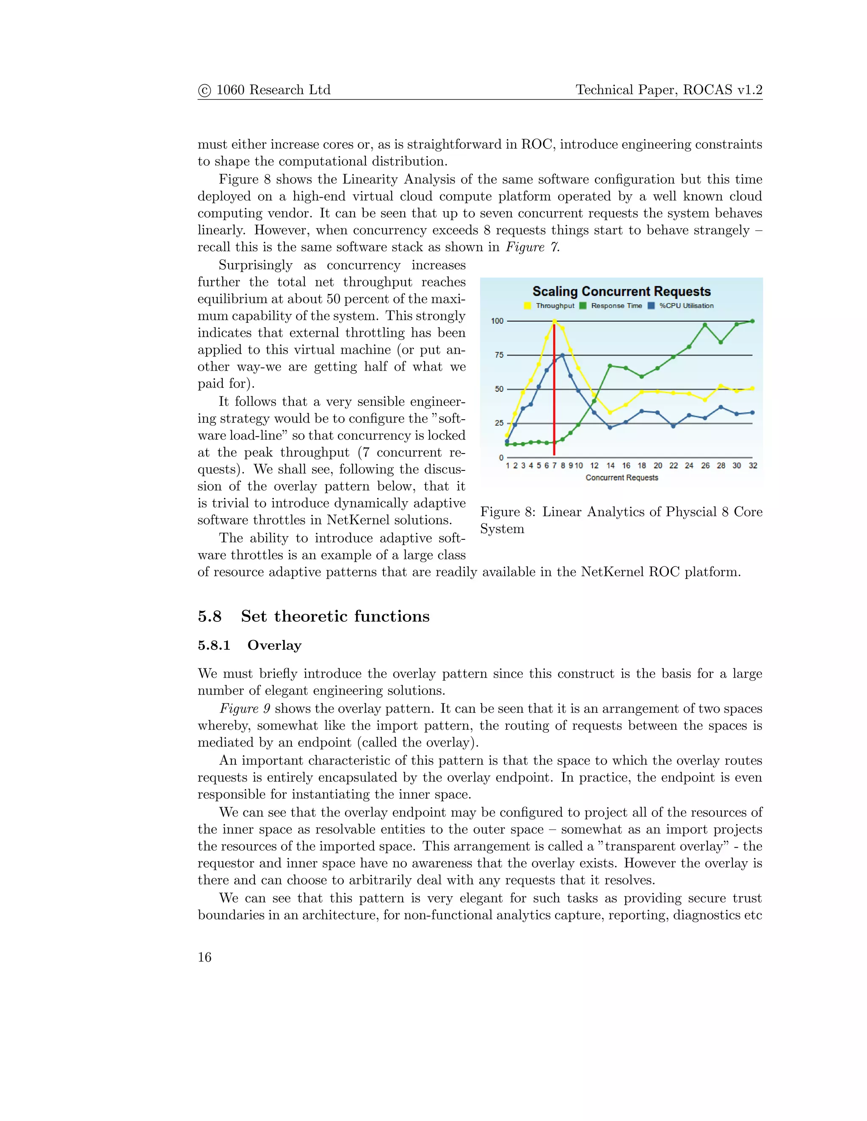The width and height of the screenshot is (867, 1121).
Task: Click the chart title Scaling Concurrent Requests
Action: (621, 291)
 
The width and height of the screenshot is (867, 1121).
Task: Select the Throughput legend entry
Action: (555, 306)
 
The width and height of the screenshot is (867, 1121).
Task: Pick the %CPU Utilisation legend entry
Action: (686, 306)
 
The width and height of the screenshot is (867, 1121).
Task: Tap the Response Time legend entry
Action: (616, 306)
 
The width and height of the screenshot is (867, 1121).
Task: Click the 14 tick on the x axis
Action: (610, 466)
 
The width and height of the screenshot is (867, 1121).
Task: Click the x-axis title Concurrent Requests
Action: (621, 478)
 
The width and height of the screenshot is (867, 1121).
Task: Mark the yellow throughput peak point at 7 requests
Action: (555, 322)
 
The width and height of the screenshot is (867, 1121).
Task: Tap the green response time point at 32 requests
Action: (752, 321)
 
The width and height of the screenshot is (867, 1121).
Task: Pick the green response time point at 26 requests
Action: (705, 325)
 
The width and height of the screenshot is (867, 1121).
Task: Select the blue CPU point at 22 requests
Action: (674, 426)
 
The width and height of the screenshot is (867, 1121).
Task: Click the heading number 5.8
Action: (210, 616)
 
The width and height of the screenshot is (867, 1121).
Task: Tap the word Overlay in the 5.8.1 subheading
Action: (274, 645)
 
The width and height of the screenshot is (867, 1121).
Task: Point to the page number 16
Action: (204, 957)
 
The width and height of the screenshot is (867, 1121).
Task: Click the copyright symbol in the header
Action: (204, 91)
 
